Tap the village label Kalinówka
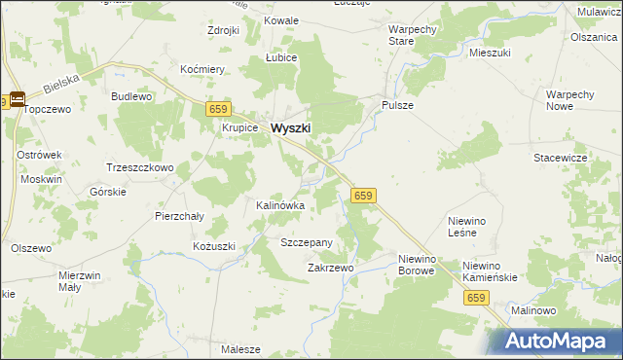(x=280, y=206)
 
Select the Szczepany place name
(x=307, y=242)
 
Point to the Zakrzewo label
(x=330, y=267)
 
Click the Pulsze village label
(x=398, y=105)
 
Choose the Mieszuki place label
(x=490, y=53)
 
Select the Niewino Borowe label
(x=421, y=265)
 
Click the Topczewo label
(x=49, y=110)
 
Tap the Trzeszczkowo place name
(x=139, y=167)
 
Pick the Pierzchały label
(x=179, y=217)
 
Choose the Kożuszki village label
(x=213, y=247)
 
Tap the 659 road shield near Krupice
(x=218, y=111)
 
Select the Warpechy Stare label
(x=413, y=36)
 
